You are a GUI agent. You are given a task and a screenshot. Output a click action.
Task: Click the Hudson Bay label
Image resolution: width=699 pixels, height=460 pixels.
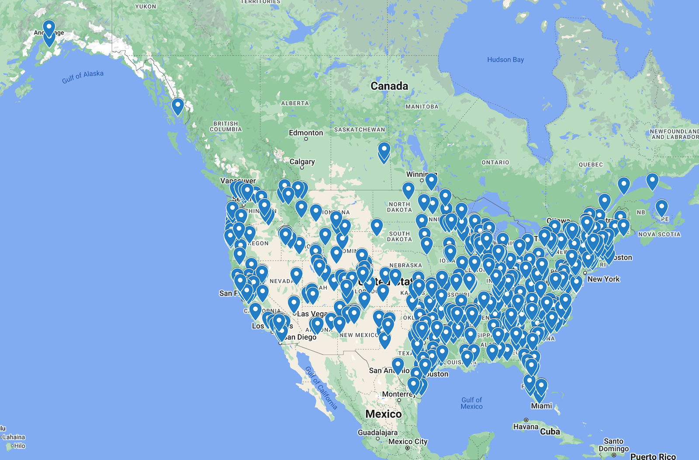click(505, 60)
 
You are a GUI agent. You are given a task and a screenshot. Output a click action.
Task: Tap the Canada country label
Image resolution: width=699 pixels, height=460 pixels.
click(389, 86)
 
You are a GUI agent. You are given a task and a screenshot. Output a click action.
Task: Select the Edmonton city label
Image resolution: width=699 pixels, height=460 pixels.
click(306, 133)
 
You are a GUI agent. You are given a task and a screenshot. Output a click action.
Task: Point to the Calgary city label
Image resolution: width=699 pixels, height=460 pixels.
click(302, 161)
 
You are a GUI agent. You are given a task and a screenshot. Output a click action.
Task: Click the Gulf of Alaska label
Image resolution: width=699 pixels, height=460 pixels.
click(83, 77)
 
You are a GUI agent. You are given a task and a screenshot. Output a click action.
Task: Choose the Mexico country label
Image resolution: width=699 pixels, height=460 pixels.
click(383, 414)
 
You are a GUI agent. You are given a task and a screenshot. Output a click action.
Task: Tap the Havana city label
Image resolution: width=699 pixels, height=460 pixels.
click(526, 426)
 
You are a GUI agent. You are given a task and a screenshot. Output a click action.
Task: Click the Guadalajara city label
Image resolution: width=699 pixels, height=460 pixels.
click(377, 433)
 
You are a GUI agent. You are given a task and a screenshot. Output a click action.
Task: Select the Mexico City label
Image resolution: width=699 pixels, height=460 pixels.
click(408, 442)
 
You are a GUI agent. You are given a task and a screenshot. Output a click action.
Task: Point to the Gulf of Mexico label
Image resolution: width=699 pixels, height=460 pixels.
click(472, 403)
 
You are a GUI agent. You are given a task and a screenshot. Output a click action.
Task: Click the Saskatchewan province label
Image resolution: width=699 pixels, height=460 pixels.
click(360, 130)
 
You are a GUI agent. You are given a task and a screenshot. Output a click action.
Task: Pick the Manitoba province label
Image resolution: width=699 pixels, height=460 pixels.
click(422, 106)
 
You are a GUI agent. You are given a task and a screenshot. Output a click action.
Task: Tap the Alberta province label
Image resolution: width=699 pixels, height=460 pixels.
click(295, 103)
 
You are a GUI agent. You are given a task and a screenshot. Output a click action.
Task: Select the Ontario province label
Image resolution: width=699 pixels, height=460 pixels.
click(495, 162)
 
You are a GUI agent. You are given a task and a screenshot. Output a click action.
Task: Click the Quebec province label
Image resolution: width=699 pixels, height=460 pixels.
click(591, 165)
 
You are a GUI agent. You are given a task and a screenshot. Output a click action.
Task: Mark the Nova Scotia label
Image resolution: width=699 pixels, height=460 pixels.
click(659, 234)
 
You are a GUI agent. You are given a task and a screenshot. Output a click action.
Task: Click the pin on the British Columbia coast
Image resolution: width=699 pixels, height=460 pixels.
click(177, 106)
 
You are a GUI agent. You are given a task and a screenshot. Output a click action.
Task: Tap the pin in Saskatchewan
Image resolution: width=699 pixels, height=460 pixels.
click(384, 151)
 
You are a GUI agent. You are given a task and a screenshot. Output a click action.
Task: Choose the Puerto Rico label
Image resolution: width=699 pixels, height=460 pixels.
click(653, 456)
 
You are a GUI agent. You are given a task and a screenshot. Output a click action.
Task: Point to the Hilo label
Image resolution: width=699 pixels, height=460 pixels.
click(19, 446)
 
